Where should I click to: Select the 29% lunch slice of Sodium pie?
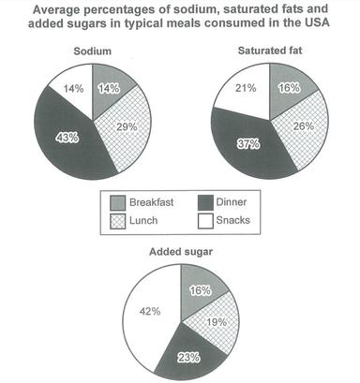[x=120, y=126]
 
